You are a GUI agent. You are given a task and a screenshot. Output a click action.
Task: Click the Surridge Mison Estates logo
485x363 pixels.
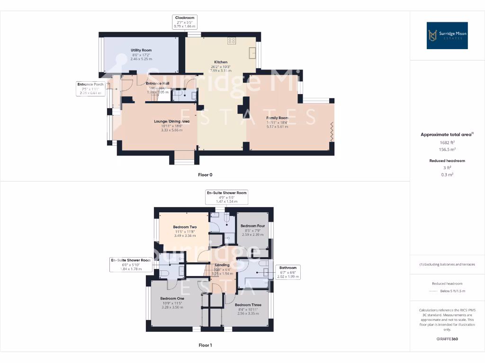(x=447, y=35)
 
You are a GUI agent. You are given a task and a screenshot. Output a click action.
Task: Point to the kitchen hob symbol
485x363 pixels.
(x=232, y=41)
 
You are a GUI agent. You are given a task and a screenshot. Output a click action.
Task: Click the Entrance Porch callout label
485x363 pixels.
(x=91, y=88)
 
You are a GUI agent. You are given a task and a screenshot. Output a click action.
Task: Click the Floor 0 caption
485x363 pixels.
(x=205, y=175)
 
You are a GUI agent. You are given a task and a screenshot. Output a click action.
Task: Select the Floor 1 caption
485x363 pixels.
(x=205, y=346)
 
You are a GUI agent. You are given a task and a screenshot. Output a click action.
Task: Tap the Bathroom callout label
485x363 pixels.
(x=288, y=272)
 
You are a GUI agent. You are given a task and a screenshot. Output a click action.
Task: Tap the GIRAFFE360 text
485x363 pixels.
(x=447, y=339)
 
